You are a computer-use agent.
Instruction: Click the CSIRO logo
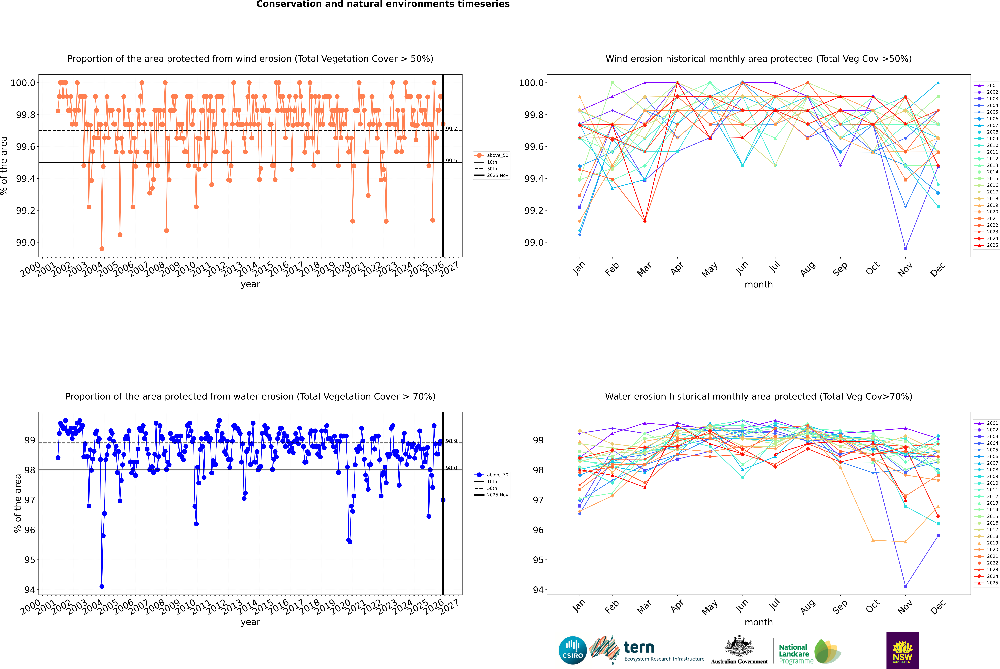(x=573, y=650)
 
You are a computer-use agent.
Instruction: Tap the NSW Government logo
(x=902, y=650)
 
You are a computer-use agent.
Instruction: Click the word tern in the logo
(x=639, y=648)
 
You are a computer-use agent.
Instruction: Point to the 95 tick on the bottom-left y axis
(x=30, y=560)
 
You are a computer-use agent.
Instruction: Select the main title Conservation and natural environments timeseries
(x=383, y=4)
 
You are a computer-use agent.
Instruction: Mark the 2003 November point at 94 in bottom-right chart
(x=905, y=586)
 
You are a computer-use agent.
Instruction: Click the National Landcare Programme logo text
(x=794, y=654)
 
